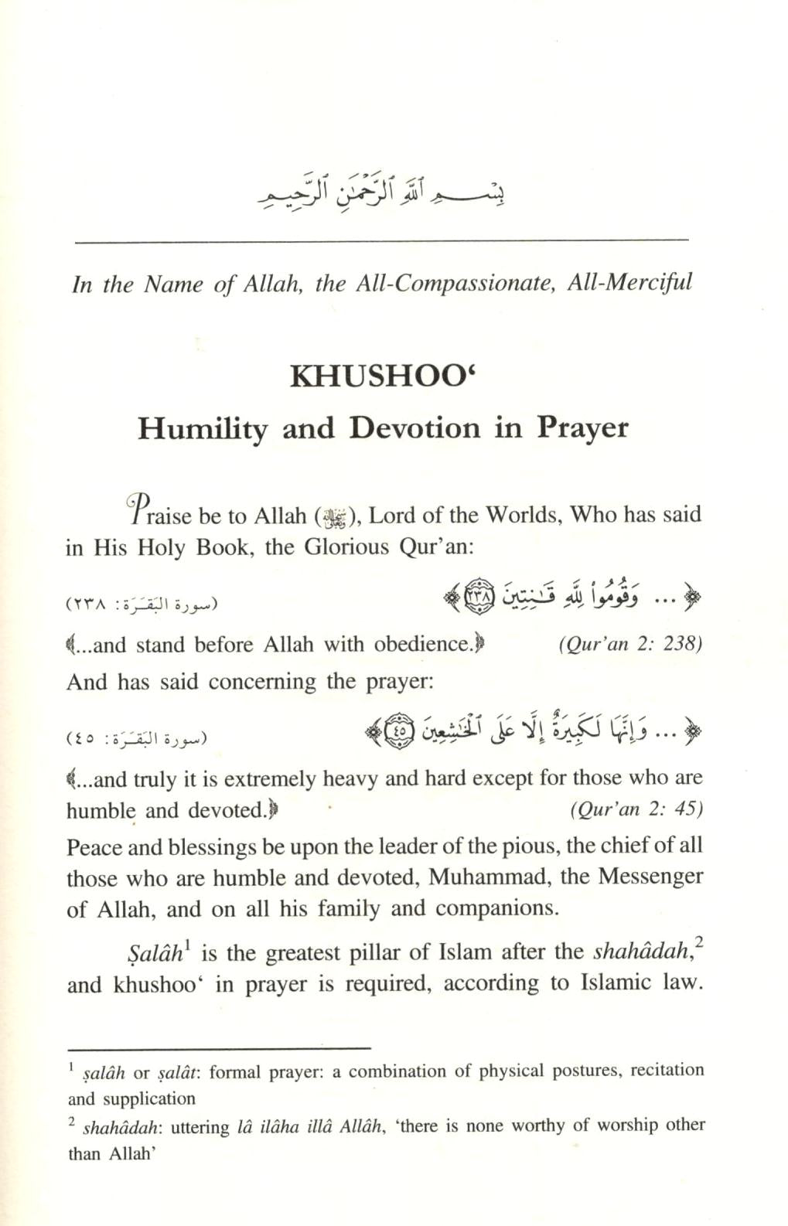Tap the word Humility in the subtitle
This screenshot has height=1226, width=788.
tap(203, 428)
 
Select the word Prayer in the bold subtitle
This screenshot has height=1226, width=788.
tap(583, 428)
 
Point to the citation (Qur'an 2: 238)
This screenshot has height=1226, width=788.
tap(629, 645)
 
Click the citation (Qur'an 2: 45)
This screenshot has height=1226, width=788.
tap(636, 809)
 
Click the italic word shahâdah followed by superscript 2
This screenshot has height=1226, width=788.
tap(640, 952)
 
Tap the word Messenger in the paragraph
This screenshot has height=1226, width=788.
tap(653, 877)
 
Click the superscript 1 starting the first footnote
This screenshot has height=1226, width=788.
tap(71, 1068)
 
